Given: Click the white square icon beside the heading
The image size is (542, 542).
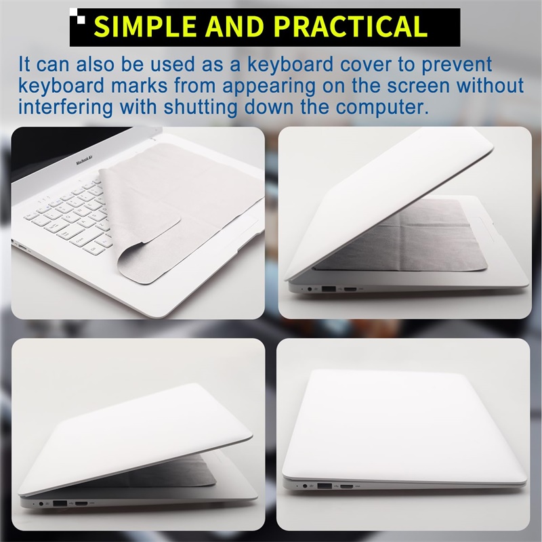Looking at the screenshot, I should [x=81, y=18].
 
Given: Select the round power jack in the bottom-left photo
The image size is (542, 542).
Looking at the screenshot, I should [x=45, y=504].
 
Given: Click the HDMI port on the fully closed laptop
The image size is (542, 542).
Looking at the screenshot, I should [x=347, y=486].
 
